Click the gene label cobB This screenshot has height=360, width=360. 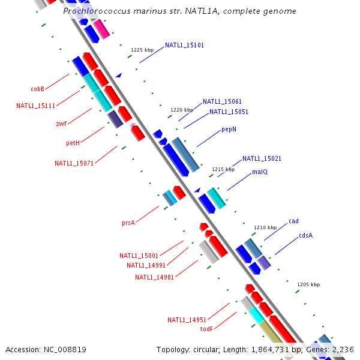point(38,89)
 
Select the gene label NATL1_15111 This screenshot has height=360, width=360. point(36,106)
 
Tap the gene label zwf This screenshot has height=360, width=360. point(61,124)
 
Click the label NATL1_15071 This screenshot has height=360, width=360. point(74,163)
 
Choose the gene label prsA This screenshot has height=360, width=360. point(128,223)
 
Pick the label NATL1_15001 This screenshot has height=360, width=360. point(139,256)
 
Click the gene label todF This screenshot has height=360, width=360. point(206,329)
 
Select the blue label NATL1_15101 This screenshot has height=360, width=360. point(184,45)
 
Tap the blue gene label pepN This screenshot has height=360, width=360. point(229,129)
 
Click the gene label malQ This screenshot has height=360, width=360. point(259,172)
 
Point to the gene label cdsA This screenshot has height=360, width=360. point(305,235)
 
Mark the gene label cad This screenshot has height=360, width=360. point(293,221)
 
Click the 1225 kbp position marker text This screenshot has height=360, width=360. point(142,50)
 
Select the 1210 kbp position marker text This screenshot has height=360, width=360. point(265,227)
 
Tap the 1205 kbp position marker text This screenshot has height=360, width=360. point(308,284)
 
